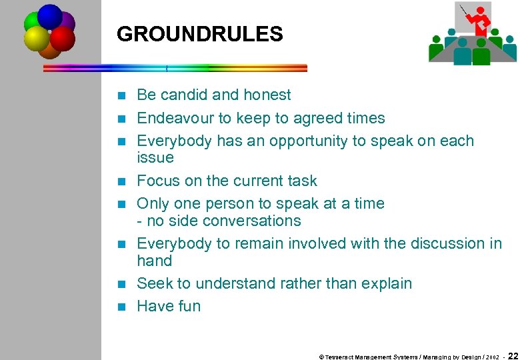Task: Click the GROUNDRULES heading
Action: coord(199,34)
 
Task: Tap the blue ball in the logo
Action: coord(50,15)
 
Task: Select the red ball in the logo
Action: coord(63,39)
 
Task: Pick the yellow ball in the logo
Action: coord(36,39)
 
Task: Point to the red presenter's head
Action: coord(480,10)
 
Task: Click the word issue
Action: coord(155,157)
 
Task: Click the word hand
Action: coord(154,261)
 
